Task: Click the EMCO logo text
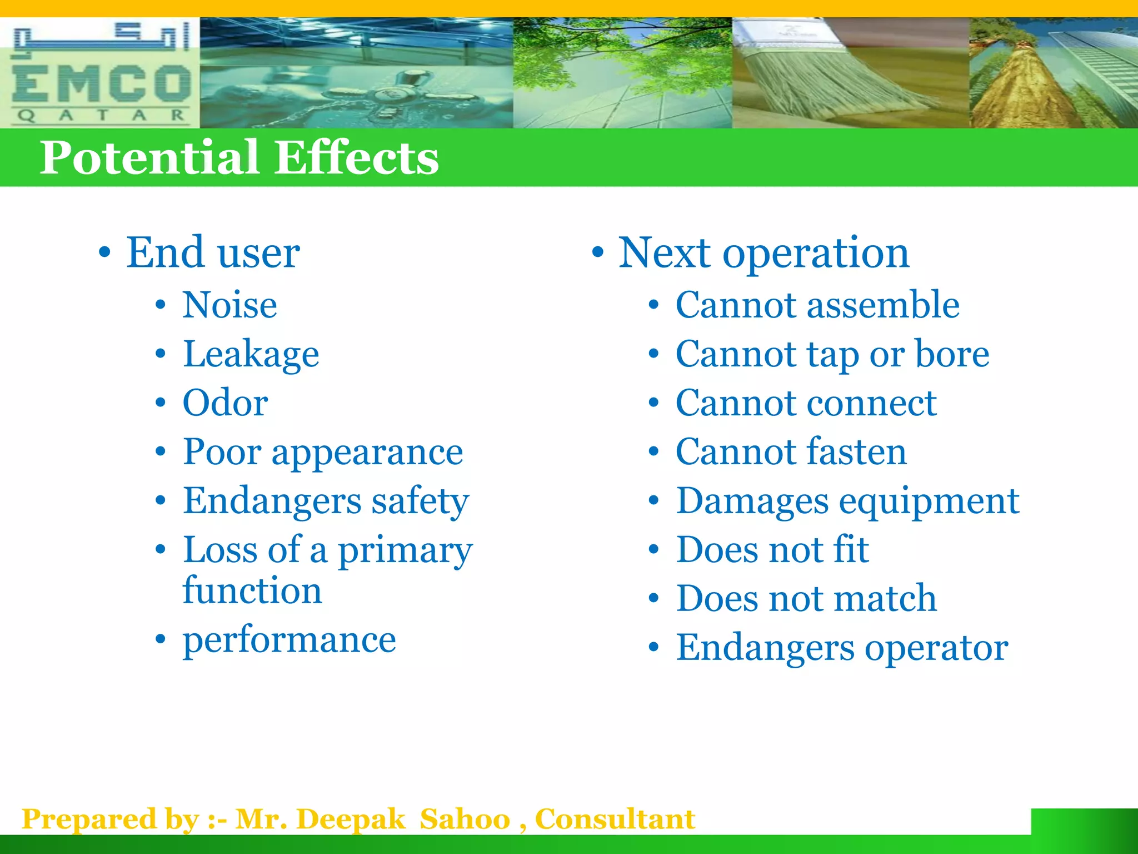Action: pos(101,83)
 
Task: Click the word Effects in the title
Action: pos(356,158)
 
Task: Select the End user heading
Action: pos(213,253)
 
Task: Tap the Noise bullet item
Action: pos(230,305)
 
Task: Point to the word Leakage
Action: pos(251,355)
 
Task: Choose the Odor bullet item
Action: pos(225,403)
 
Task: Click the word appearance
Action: pos(367,453)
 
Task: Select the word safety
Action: pos(420,501)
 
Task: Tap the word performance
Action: pos(289,640)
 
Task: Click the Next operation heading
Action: pos(763,253)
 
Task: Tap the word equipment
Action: pos(929,502)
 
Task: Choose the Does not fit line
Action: pos(772,550)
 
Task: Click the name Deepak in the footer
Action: pos(351,820)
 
